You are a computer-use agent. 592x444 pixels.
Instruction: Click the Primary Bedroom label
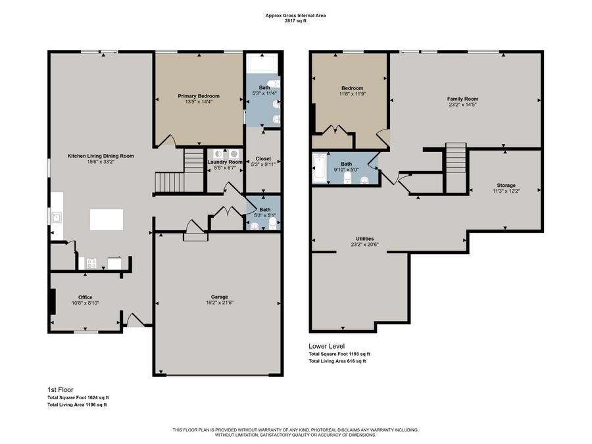pos(199,96)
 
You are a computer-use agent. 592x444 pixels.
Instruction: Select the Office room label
pos(85,297)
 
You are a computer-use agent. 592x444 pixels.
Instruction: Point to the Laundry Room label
pos(225,162)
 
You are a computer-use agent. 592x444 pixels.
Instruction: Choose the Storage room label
pos(506,185)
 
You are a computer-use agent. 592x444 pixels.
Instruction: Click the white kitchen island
pos(106,220)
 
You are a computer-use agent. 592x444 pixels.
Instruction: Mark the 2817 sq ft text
pos(295,20)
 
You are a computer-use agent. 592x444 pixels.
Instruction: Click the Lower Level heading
pos(327,346)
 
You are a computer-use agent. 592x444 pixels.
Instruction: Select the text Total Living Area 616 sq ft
pos(337,360)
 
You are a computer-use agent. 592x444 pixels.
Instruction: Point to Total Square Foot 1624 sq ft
pos(78,397)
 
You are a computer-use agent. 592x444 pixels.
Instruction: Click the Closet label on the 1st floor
pos(263,159)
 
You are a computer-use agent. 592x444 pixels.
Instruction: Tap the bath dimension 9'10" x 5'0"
pos(346,169)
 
